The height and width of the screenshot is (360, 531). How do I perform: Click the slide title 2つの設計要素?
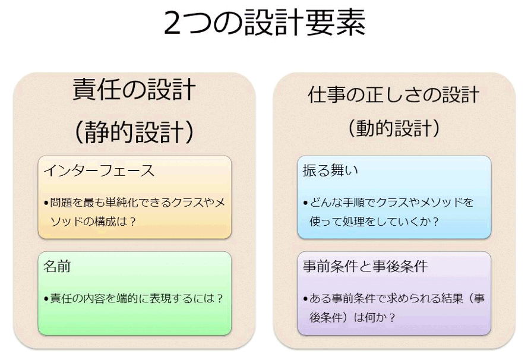[x=265, y=23]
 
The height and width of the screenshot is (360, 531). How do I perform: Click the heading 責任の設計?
[x=134, y=90]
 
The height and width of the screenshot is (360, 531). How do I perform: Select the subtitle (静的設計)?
[x=134, y=132]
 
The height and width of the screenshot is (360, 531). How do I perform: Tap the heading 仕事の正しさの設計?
[x=394, y=94]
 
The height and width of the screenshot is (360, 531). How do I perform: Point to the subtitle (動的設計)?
[x=394, y=128]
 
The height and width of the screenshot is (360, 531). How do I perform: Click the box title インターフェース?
[x=99, y=170]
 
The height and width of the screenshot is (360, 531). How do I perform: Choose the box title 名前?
[x=57, y=266]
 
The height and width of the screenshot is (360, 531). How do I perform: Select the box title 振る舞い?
[x=330, y=170]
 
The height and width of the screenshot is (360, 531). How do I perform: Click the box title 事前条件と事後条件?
[x=365, y=266]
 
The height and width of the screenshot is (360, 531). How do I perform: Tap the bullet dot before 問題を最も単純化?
[x=46, y=203]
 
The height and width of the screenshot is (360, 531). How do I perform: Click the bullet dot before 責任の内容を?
[x=46, y=299]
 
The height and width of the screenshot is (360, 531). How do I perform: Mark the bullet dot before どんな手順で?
[x=305, y=203]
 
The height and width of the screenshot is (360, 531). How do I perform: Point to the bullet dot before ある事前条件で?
[x=305, y=299]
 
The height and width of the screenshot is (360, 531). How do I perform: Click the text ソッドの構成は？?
[x=93, y=222]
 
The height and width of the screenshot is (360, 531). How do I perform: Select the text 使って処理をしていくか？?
[x=374, y=222]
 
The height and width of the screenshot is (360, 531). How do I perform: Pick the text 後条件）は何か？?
[x=353, y=318]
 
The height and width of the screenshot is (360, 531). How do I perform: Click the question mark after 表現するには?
[x=220, y=299]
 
